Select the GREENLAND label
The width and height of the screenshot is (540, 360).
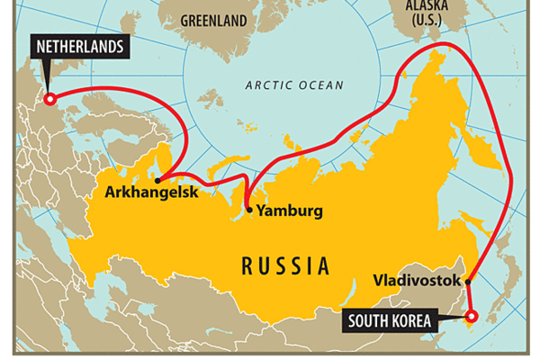[x=214, y=19]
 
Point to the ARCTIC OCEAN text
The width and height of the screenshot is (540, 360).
[x=294, y=85]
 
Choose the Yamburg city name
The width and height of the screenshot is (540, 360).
[x=289, y=211]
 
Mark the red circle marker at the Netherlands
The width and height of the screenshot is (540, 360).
[x=49, y=99]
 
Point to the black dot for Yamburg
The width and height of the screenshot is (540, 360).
[x=249, y=211]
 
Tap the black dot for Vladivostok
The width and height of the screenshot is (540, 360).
[x=468, y=281]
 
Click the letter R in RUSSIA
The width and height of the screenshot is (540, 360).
[x=247, y=265]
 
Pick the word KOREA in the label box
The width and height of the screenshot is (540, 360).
[x=413, y=319]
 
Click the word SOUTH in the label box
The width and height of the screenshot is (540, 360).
[x=369, y=319]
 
